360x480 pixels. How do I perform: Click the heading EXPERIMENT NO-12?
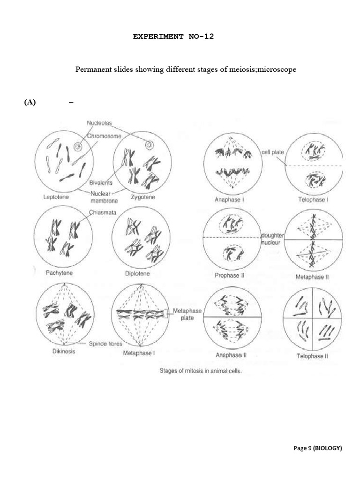click(x=173, y=36)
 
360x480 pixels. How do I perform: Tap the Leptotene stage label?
click(x=56, y=197)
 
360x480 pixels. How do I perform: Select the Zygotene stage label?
click(x=142, y=197)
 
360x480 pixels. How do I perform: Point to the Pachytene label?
click(x=58, y=273)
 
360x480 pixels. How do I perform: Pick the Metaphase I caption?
click(x=138, y=353)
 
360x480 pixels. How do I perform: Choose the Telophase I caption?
click(x=313, y=200)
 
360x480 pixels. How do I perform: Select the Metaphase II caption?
click(x=312, y=277)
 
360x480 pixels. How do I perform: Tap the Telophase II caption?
click(x=312, y=356)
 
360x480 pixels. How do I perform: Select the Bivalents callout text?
click(x=101, y=183)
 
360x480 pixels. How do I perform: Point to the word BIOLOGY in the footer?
click(x=328, y=448)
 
